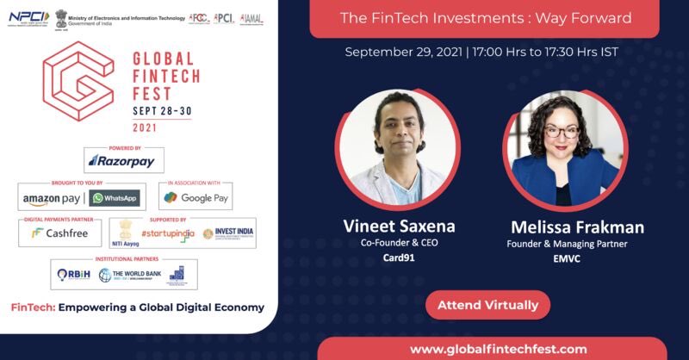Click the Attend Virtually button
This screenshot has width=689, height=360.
(x=487, y=305)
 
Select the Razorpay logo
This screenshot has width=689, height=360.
(x=123, y=160)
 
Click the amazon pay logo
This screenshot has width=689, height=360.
(x=51, y=198)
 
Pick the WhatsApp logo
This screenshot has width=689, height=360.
(x=115, y=198)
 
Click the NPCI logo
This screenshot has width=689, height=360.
(x=29, y=16)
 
